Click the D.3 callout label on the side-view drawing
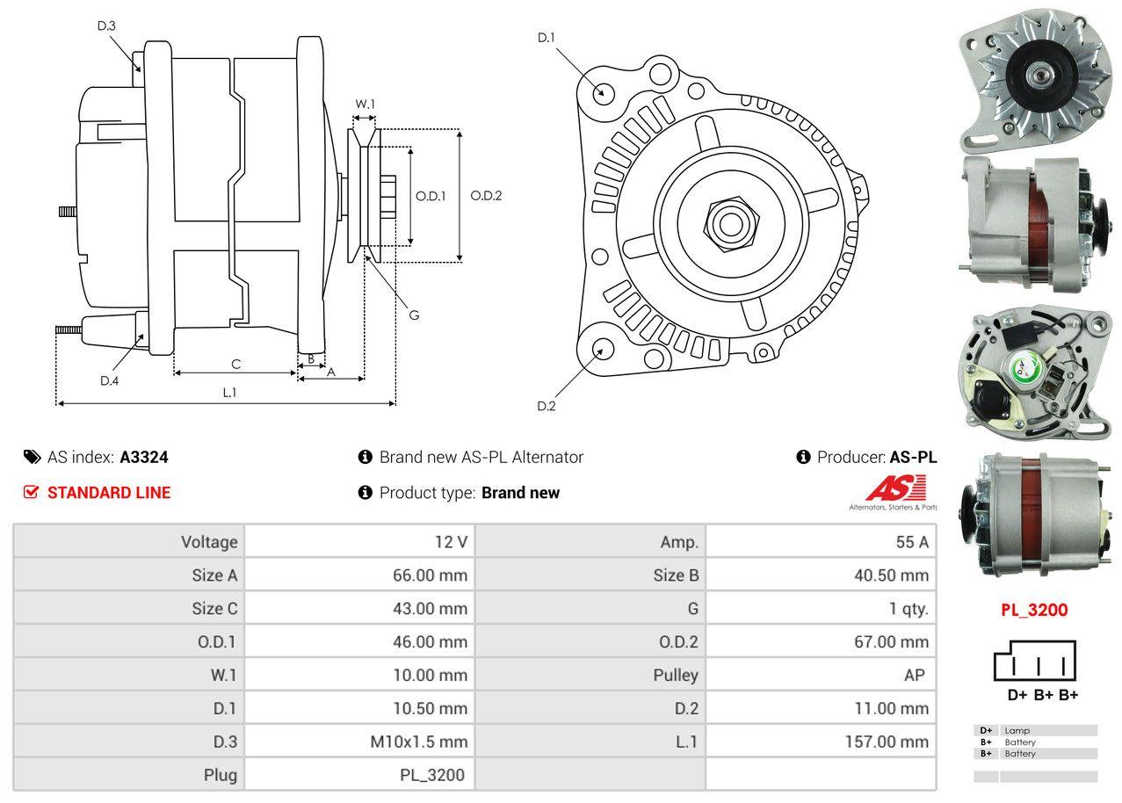click(106, 26)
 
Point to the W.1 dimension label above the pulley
click(365, 104)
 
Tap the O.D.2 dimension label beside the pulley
click(486, 196)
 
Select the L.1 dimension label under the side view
click(228, 393)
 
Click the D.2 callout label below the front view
click(547, 406)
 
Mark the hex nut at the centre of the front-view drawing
click(729, 221)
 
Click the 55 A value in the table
click(911, 542)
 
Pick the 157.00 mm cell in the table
click(886, 742)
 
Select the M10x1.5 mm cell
click(418, 742)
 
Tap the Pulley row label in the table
click(676, 676)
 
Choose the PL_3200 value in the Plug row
click(431, 776)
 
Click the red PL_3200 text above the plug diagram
click(1034, 610)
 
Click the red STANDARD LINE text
click(109, 493)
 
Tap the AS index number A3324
click(144, 458)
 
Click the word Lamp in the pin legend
click(1017, 730)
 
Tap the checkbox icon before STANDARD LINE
click(31, 493)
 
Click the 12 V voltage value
click(451, 542)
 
